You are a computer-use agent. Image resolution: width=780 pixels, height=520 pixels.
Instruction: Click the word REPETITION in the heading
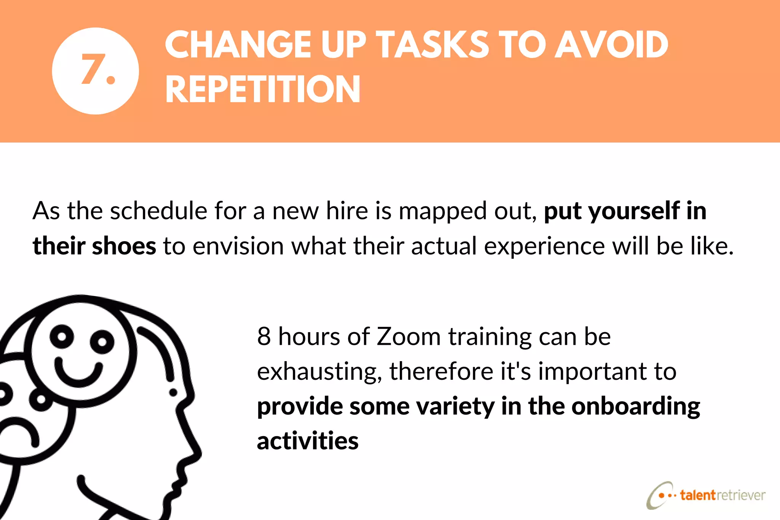pyautogui.click(x=262, y=90)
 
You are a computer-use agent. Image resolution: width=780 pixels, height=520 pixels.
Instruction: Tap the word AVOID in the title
pyautogui.click(x=611, y=45)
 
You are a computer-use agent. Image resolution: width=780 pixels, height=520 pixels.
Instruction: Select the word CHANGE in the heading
pyautogui.click(x=238, y=45)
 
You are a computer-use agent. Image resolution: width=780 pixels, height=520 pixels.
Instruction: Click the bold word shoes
pyautogui.click(x=124, y=246)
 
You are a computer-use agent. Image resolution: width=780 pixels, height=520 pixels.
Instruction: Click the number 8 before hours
pyautogui.click(x=264, y=337)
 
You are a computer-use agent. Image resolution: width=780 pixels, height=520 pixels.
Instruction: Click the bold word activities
pyautogui.click(x=308, y=441)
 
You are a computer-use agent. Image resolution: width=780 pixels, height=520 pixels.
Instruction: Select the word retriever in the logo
pyautogui.click(x=741, y=495)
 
